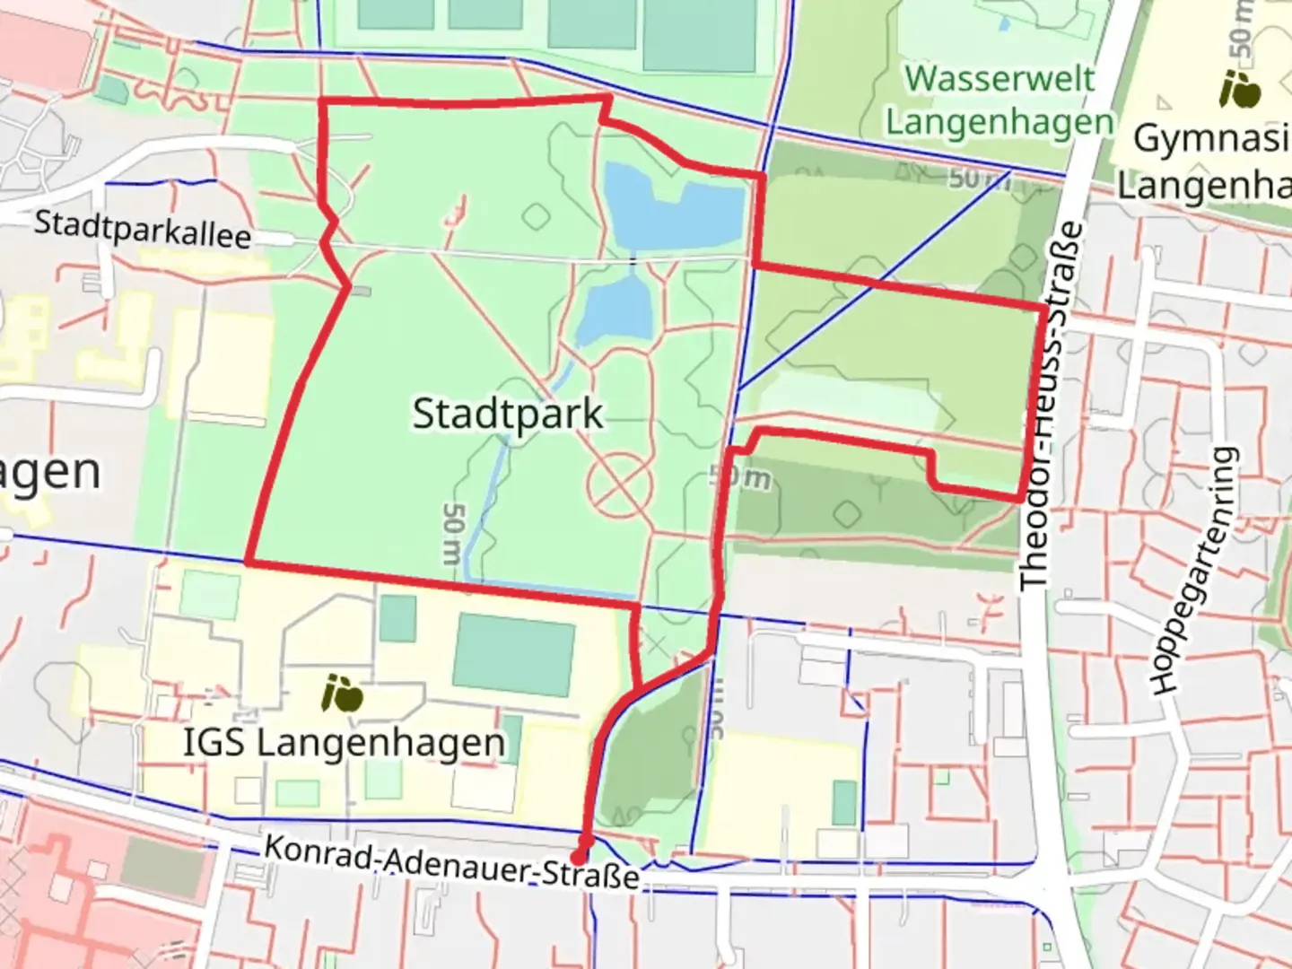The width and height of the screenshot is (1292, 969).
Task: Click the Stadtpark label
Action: [x=508, y=415]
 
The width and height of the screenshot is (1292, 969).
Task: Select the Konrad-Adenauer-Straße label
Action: [x=451, y=862]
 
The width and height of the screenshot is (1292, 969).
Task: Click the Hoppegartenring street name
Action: [x=1192, y=572]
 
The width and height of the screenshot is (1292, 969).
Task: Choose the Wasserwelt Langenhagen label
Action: [x=1000, y=100]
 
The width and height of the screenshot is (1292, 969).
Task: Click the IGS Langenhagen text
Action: [x=345, y=743]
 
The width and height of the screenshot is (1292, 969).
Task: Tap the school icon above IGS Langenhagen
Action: [x=341, y=693]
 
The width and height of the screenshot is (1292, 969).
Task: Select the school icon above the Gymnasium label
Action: [x=1241, y=90]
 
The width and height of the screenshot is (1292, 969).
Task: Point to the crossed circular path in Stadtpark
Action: [x=619, y=484]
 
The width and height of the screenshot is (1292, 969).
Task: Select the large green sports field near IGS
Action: [x=513, y=654]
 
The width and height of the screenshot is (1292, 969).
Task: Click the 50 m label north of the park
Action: [x=978, y=179]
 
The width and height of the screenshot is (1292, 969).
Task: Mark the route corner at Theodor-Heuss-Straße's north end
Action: [x=1043, y=309]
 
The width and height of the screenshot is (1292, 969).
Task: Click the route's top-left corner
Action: [x=322, y=102]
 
